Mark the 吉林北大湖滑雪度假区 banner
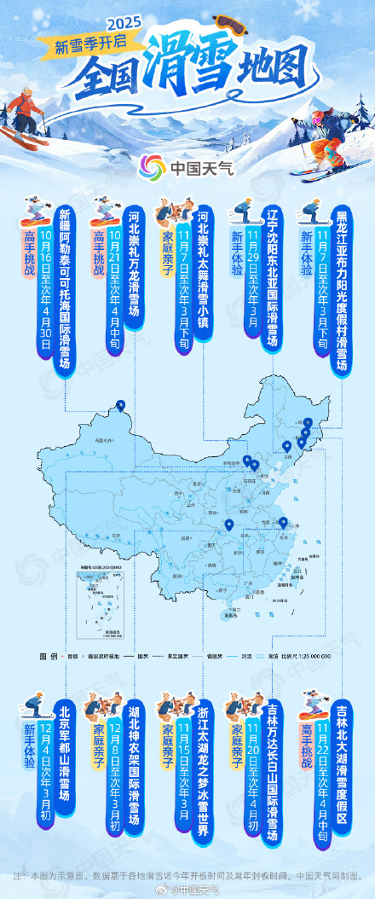[x=341, y=764]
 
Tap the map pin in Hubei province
[x=228, y=526]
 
